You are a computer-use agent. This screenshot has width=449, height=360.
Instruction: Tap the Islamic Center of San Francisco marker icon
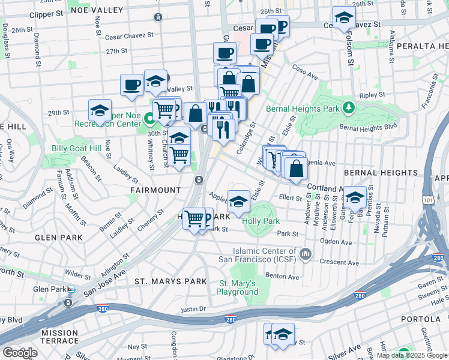[306, 256]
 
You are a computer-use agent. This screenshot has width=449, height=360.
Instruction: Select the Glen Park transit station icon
[71, 289]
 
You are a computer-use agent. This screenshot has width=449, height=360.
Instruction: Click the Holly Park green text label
[261, 221]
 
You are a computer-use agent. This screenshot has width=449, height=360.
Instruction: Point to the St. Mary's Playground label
[237, 287]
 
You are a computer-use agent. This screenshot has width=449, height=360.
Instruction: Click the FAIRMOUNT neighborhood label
[155, 190]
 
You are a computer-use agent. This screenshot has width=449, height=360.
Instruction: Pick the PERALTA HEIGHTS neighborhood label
[417, 46]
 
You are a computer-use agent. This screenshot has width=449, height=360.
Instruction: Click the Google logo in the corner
[20, 352]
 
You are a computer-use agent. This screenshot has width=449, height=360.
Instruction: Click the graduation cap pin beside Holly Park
[238, 201]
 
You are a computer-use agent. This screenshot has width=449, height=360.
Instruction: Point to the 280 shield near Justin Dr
[231, 320]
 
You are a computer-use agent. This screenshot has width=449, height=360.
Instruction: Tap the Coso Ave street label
[305, 72]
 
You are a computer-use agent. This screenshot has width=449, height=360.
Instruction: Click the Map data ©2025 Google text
[411, 355]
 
